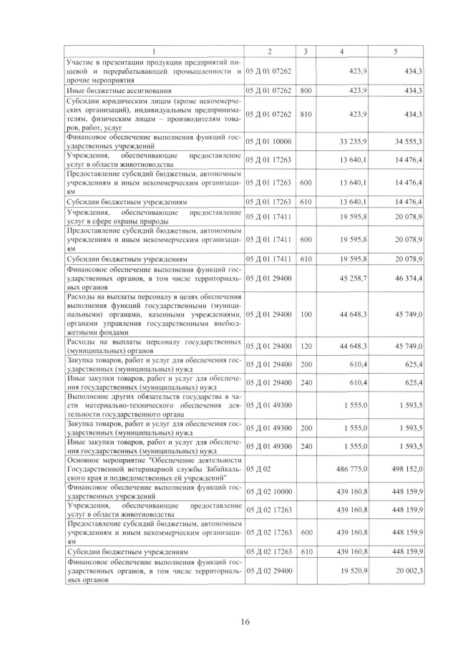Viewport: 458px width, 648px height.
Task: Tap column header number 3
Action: pyautogui.click(x=306, y=52)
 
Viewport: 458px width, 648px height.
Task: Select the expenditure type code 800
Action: pyautogui.click(x=306, y=91)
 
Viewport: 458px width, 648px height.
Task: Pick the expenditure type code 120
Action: pyautogui.click(x=306, y=346)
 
